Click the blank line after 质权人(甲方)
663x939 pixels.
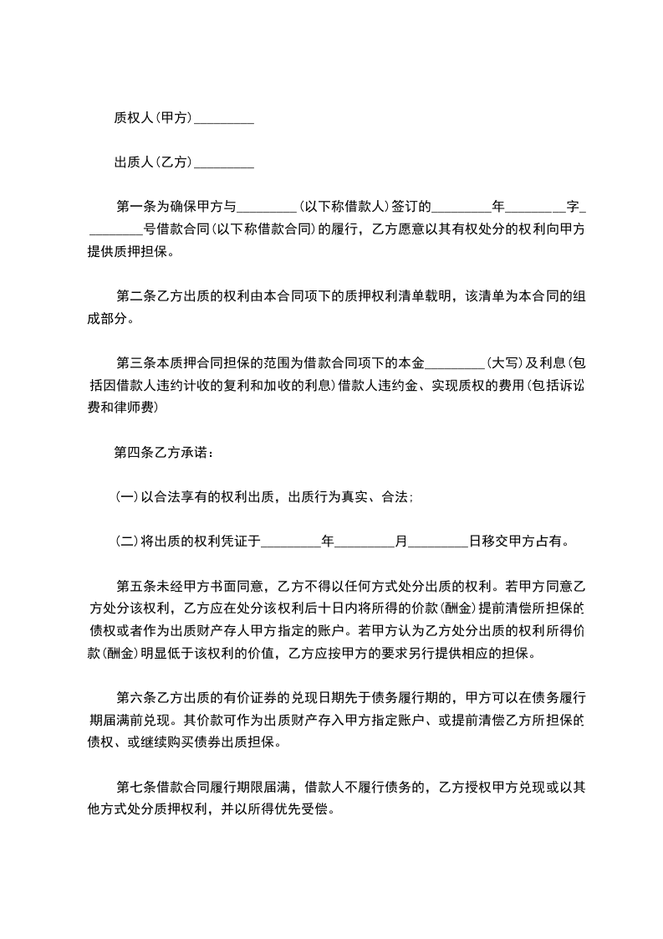(x=223, y=119)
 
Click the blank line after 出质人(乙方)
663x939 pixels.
(x=223, y=162)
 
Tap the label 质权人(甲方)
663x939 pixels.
(x=153, y=119)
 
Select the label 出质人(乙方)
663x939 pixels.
(x=153, y=162)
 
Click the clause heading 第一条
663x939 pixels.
(x=134, y=206)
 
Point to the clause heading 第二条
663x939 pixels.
(x=134, y=296)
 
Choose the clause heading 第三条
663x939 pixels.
(x=134, y=363)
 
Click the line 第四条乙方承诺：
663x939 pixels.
(x=163, y=453)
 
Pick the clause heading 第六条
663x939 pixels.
(x=134, y=697)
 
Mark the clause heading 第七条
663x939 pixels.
(x=134, y=788)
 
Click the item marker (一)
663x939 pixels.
(x=126, y=497)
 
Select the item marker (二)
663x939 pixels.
(x=126, y=541)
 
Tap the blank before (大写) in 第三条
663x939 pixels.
(x=455, y=363)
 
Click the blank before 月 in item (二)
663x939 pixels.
(x=365, y=541)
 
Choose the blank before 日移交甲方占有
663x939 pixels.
(x=438, y=541)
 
